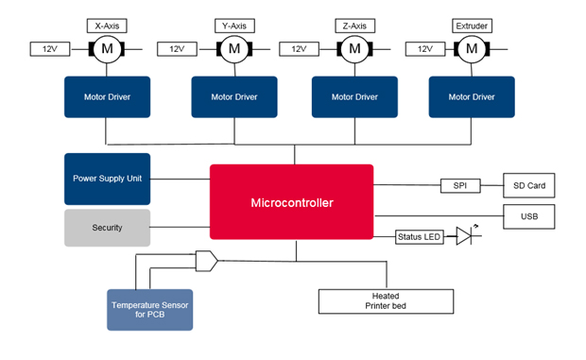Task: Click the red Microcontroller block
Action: click(291, 202)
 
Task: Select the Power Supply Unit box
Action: click(107, 179)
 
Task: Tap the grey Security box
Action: click(107, 228)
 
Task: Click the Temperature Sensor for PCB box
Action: click(150, 310)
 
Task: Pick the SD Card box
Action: click(528, 185)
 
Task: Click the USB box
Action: click(528, 216)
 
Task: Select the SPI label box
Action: click(460, 185)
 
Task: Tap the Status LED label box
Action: click(419, 237)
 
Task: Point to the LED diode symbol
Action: click(464, 236)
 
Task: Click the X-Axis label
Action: click(106, 26)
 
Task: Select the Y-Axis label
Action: click(233, 26)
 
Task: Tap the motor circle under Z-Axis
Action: click(354, 48)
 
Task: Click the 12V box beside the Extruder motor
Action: click(424, 48)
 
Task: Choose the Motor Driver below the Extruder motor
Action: click(472, 96)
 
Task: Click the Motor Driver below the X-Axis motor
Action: click(107, 96)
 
